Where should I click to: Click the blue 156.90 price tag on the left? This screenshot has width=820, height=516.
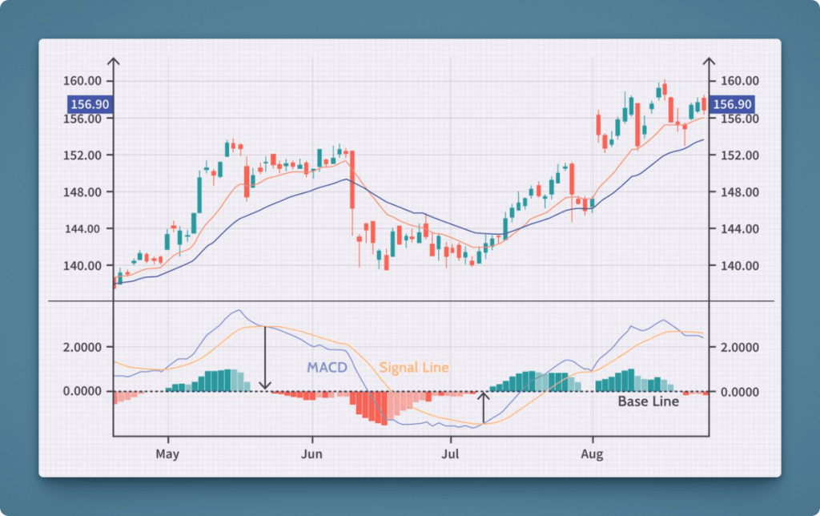pos(89,104)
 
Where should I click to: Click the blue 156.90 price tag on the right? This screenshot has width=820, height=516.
pos(732,104)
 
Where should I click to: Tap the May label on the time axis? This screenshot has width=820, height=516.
pos(168,454)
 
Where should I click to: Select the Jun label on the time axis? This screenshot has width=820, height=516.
pos(312,454)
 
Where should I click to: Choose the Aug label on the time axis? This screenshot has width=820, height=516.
pos(593,454)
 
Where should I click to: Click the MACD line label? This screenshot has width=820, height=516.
pos(326,367)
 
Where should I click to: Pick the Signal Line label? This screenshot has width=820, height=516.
pos(414,367)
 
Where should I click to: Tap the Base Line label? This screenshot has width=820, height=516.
pos(648,401)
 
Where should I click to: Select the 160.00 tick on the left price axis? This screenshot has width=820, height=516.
pos(82,81)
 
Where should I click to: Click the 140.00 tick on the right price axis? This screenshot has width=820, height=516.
pos(739,266)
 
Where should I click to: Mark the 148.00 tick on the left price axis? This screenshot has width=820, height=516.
pos(82,192)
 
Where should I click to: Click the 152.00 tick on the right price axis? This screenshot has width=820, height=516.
pos(739,155)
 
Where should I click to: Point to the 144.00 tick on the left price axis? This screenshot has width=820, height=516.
pos(82,229)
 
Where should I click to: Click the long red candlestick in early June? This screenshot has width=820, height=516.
pos(352,180)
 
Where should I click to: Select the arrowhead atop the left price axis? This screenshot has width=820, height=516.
pos(114,62)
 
